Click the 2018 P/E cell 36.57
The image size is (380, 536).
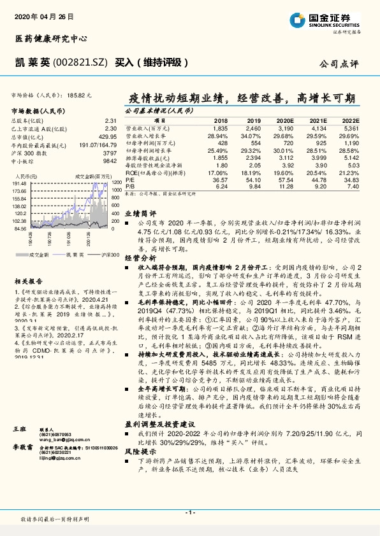[220, 180]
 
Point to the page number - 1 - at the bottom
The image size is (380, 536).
[189, 512]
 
